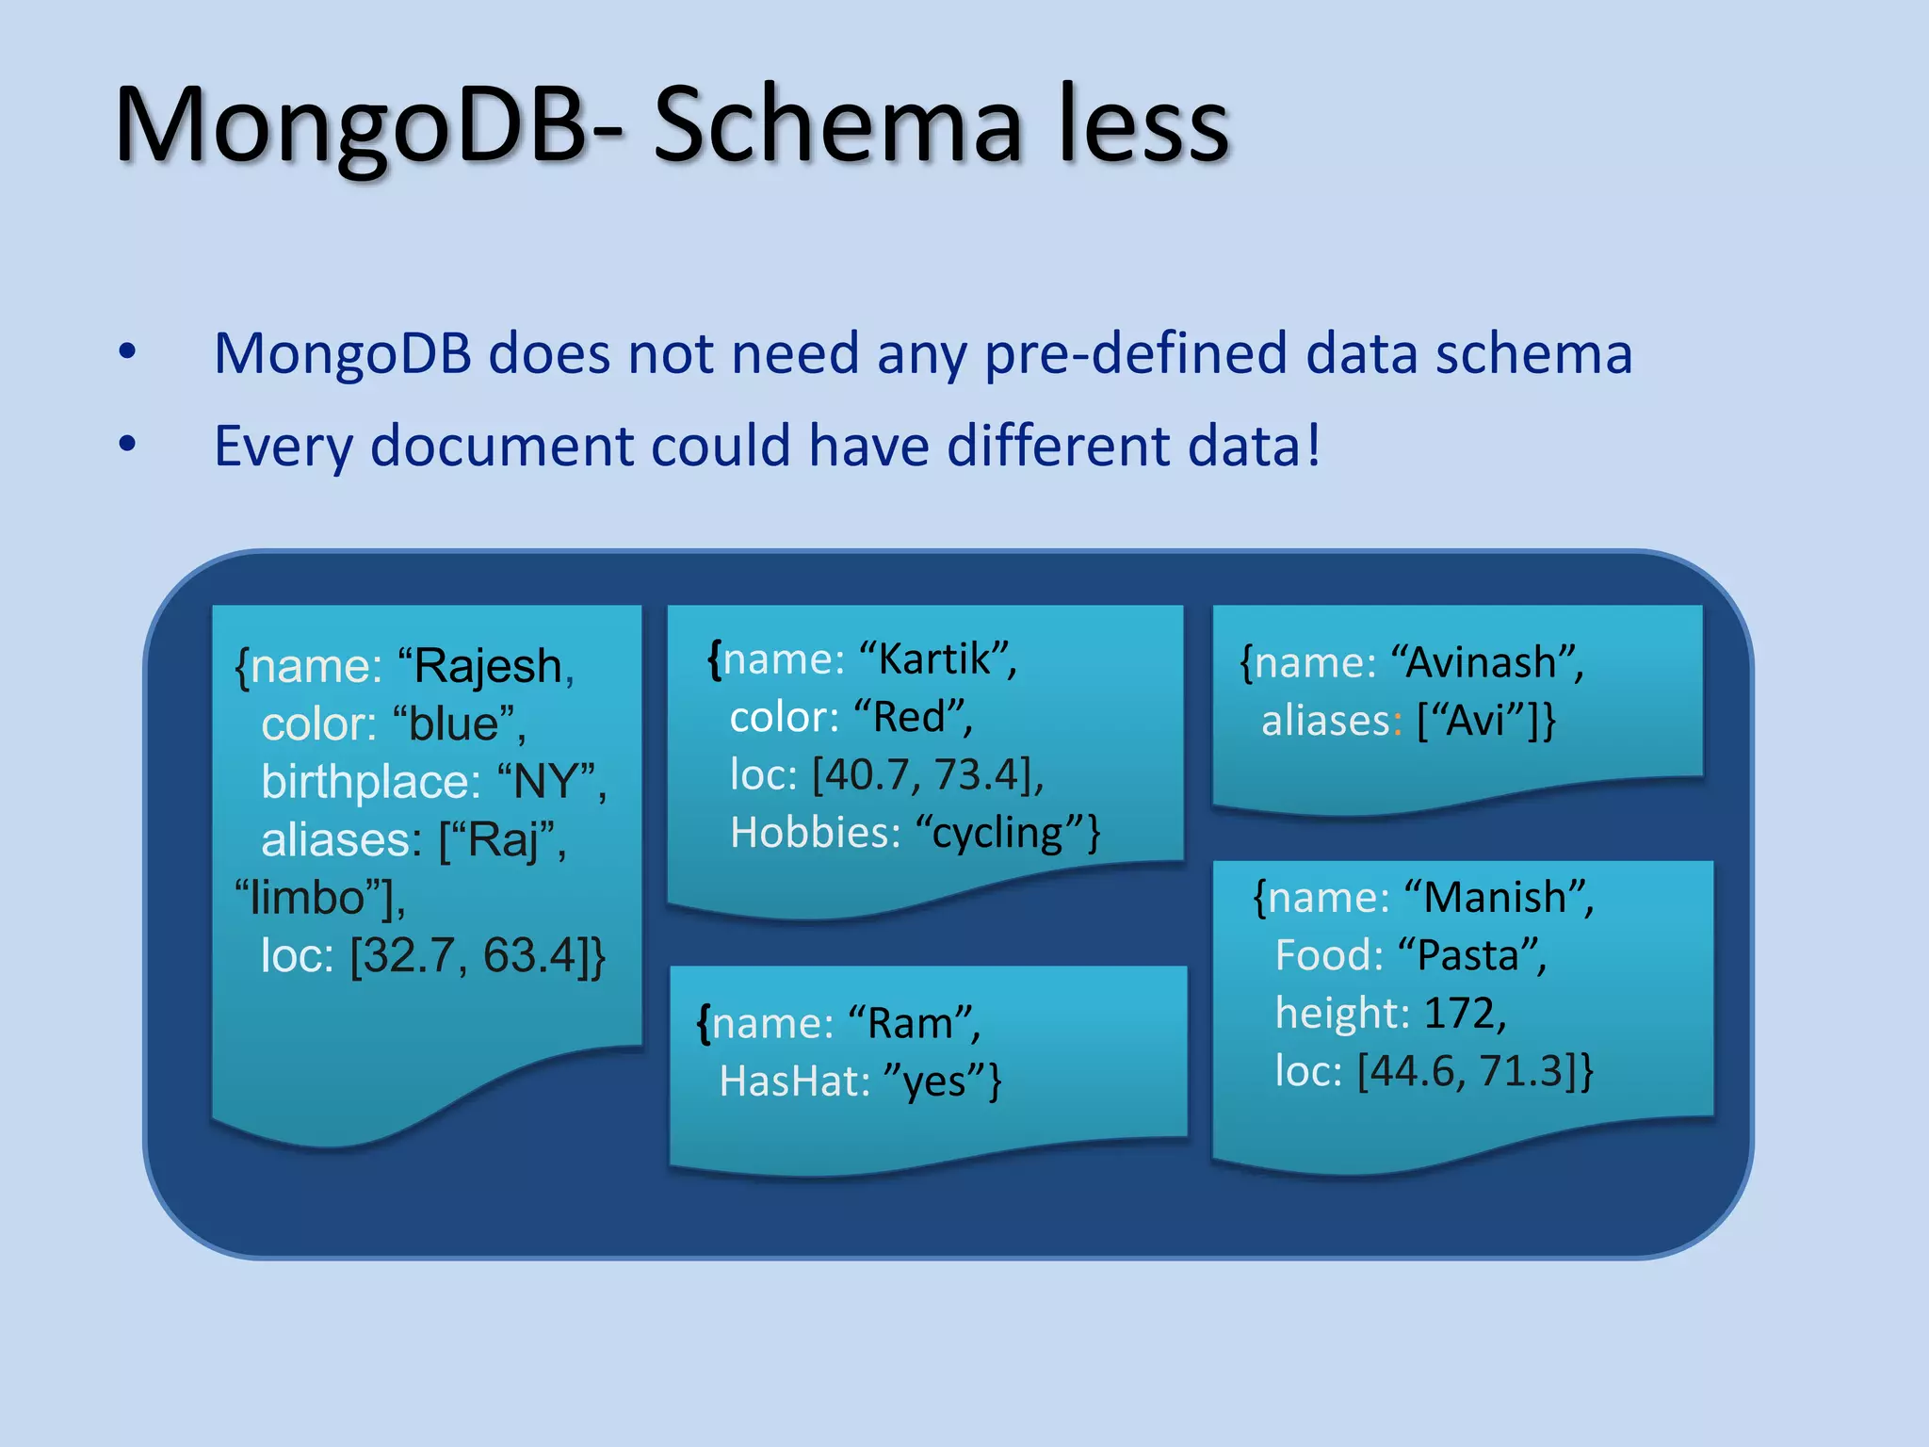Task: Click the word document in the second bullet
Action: point(501,446)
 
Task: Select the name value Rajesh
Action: point(488,667)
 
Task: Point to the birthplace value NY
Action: point(545,783)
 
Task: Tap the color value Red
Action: point(909,718)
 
